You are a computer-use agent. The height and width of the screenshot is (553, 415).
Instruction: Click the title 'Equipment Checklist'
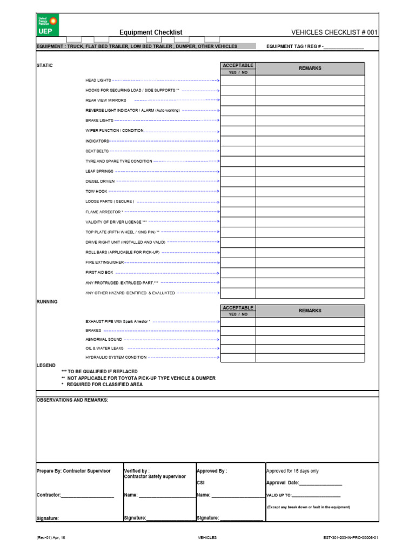[151, 32]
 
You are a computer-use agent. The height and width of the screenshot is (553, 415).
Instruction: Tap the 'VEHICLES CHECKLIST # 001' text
[334, 32]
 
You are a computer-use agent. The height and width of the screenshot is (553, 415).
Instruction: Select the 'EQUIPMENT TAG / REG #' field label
[294, 47]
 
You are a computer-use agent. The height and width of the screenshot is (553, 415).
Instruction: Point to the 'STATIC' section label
[44, 65]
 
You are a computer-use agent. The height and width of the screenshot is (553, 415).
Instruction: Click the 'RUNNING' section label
[46, 301]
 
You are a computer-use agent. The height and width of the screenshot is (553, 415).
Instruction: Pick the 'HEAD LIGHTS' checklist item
[98, 80]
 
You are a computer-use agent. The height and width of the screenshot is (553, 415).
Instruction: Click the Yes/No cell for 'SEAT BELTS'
[238, 151]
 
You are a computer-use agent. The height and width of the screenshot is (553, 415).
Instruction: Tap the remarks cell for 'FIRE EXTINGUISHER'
[310, 262]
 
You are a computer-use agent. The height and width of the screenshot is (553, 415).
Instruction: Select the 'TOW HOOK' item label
[96, 192]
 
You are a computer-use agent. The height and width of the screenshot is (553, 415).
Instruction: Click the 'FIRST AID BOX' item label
[99, 273]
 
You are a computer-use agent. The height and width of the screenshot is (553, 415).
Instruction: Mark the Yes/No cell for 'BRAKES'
[238, 330]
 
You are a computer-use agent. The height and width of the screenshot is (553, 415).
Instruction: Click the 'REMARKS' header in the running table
[310, 311]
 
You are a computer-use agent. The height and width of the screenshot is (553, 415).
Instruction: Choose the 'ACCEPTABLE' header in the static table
[238, 66]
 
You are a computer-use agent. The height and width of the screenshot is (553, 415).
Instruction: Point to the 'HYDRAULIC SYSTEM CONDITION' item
[116, 358]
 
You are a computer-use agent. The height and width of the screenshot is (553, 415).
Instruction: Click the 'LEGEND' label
[45, 366]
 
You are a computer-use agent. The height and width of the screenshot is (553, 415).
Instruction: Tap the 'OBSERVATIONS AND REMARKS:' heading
[72, 400]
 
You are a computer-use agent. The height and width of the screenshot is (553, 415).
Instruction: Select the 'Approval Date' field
[304, 483]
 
